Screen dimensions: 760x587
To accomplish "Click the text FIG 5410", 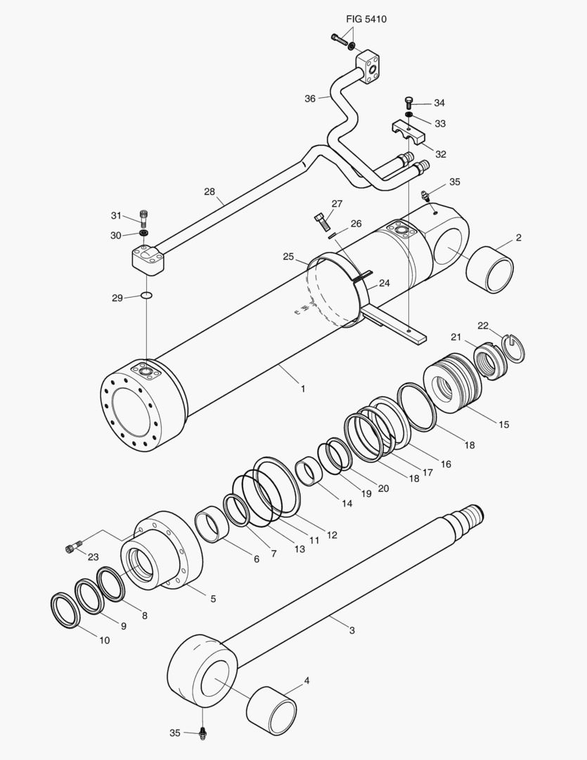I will (x=366, y=19).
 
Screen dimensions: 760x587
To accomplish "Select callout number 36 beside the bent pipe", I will (x=310, y=99).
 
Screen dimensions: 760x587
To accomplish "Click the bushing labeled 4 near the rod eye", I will (x=271, y=710).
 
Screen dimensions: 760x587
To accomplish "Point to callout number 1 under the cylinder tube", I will (x=303, y=388).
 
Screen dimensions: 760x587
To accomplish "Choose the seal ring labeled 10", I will (x=65, y=610).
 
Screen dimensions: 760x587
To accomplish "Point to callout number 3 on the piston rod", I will (x=352, y=631).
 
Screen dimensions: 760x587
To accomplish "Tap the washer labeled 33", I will (x=409, y=115).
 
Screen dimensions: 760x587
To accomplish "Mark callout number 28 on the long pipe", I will (x=209, y=191).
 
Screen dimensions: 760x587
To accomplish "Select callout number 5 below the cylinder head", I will (x=212, y=599).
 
